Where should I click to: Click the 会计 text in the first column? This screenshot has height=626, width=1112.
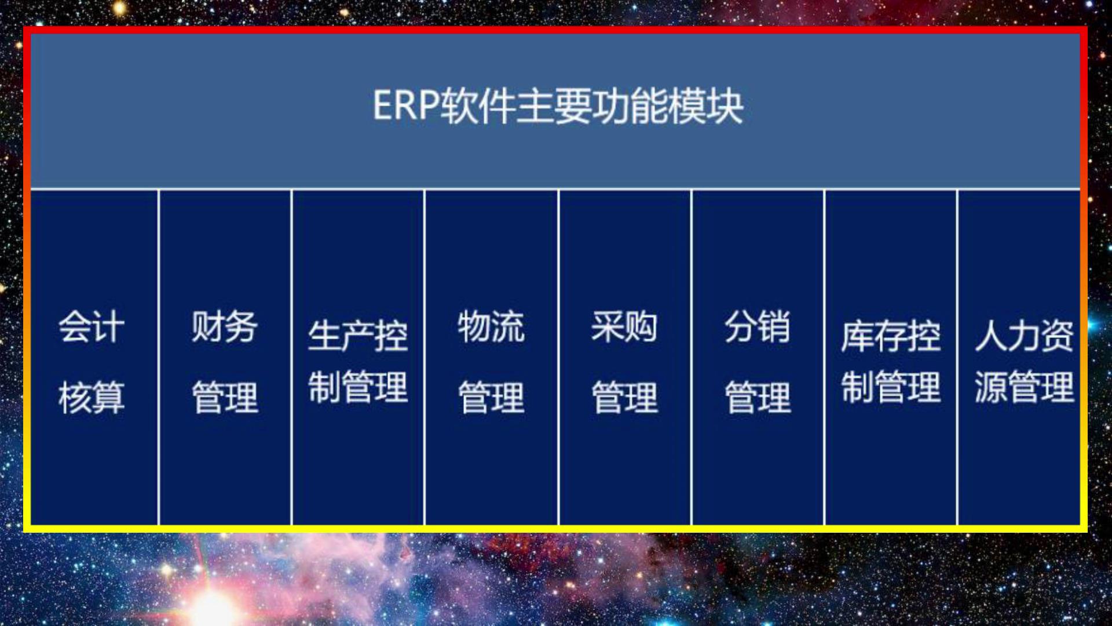pyautogui.click(x=92, y=326)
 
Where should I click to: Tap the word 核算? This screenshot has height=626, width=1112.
pyautogui.click(x=92, y=398)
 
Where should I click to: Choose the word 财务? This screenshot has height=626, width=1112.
pyautogui.click(x=225, y=326)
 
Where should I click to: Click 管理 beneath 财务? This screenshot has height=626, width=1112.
pyautogui.click(x=225, y=398)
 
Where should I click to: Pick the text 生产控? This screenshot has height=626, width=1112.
pyautogui.click(x=358, y=336)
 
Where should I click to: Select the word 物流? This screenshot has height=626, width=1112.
pyautogui.click(x=491, y=326)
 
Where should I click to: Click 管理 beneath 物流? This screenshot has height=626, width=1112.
pyautogui.click(x=491, y=398)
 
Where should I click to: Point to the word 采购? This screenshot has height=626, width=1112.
pyautogui.click(x=624, y=326)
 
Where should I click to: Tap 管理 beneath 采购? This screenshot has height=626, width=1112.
pyautogui.click(x=624, y=398)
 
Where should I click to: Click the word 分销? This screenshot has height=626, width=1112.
pyautogui.click(x=758, y=326)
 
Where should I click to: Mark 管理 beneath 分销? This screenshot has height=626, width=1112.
pyautogui.click(x=758, y=398)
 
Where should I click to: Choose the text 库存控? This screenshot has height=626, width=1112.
pyautogui.click(x=891, y=336)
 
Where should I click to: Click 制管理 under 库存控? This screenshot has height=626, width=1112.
pyautogui.click(x=891, y=387)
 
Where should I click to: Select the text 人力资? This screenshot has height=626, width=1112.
pyautogui.click(x=1024, y=336)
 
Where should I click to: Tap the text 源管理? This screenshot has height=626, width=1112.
pyautogui.click(x=1024, y=387)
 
